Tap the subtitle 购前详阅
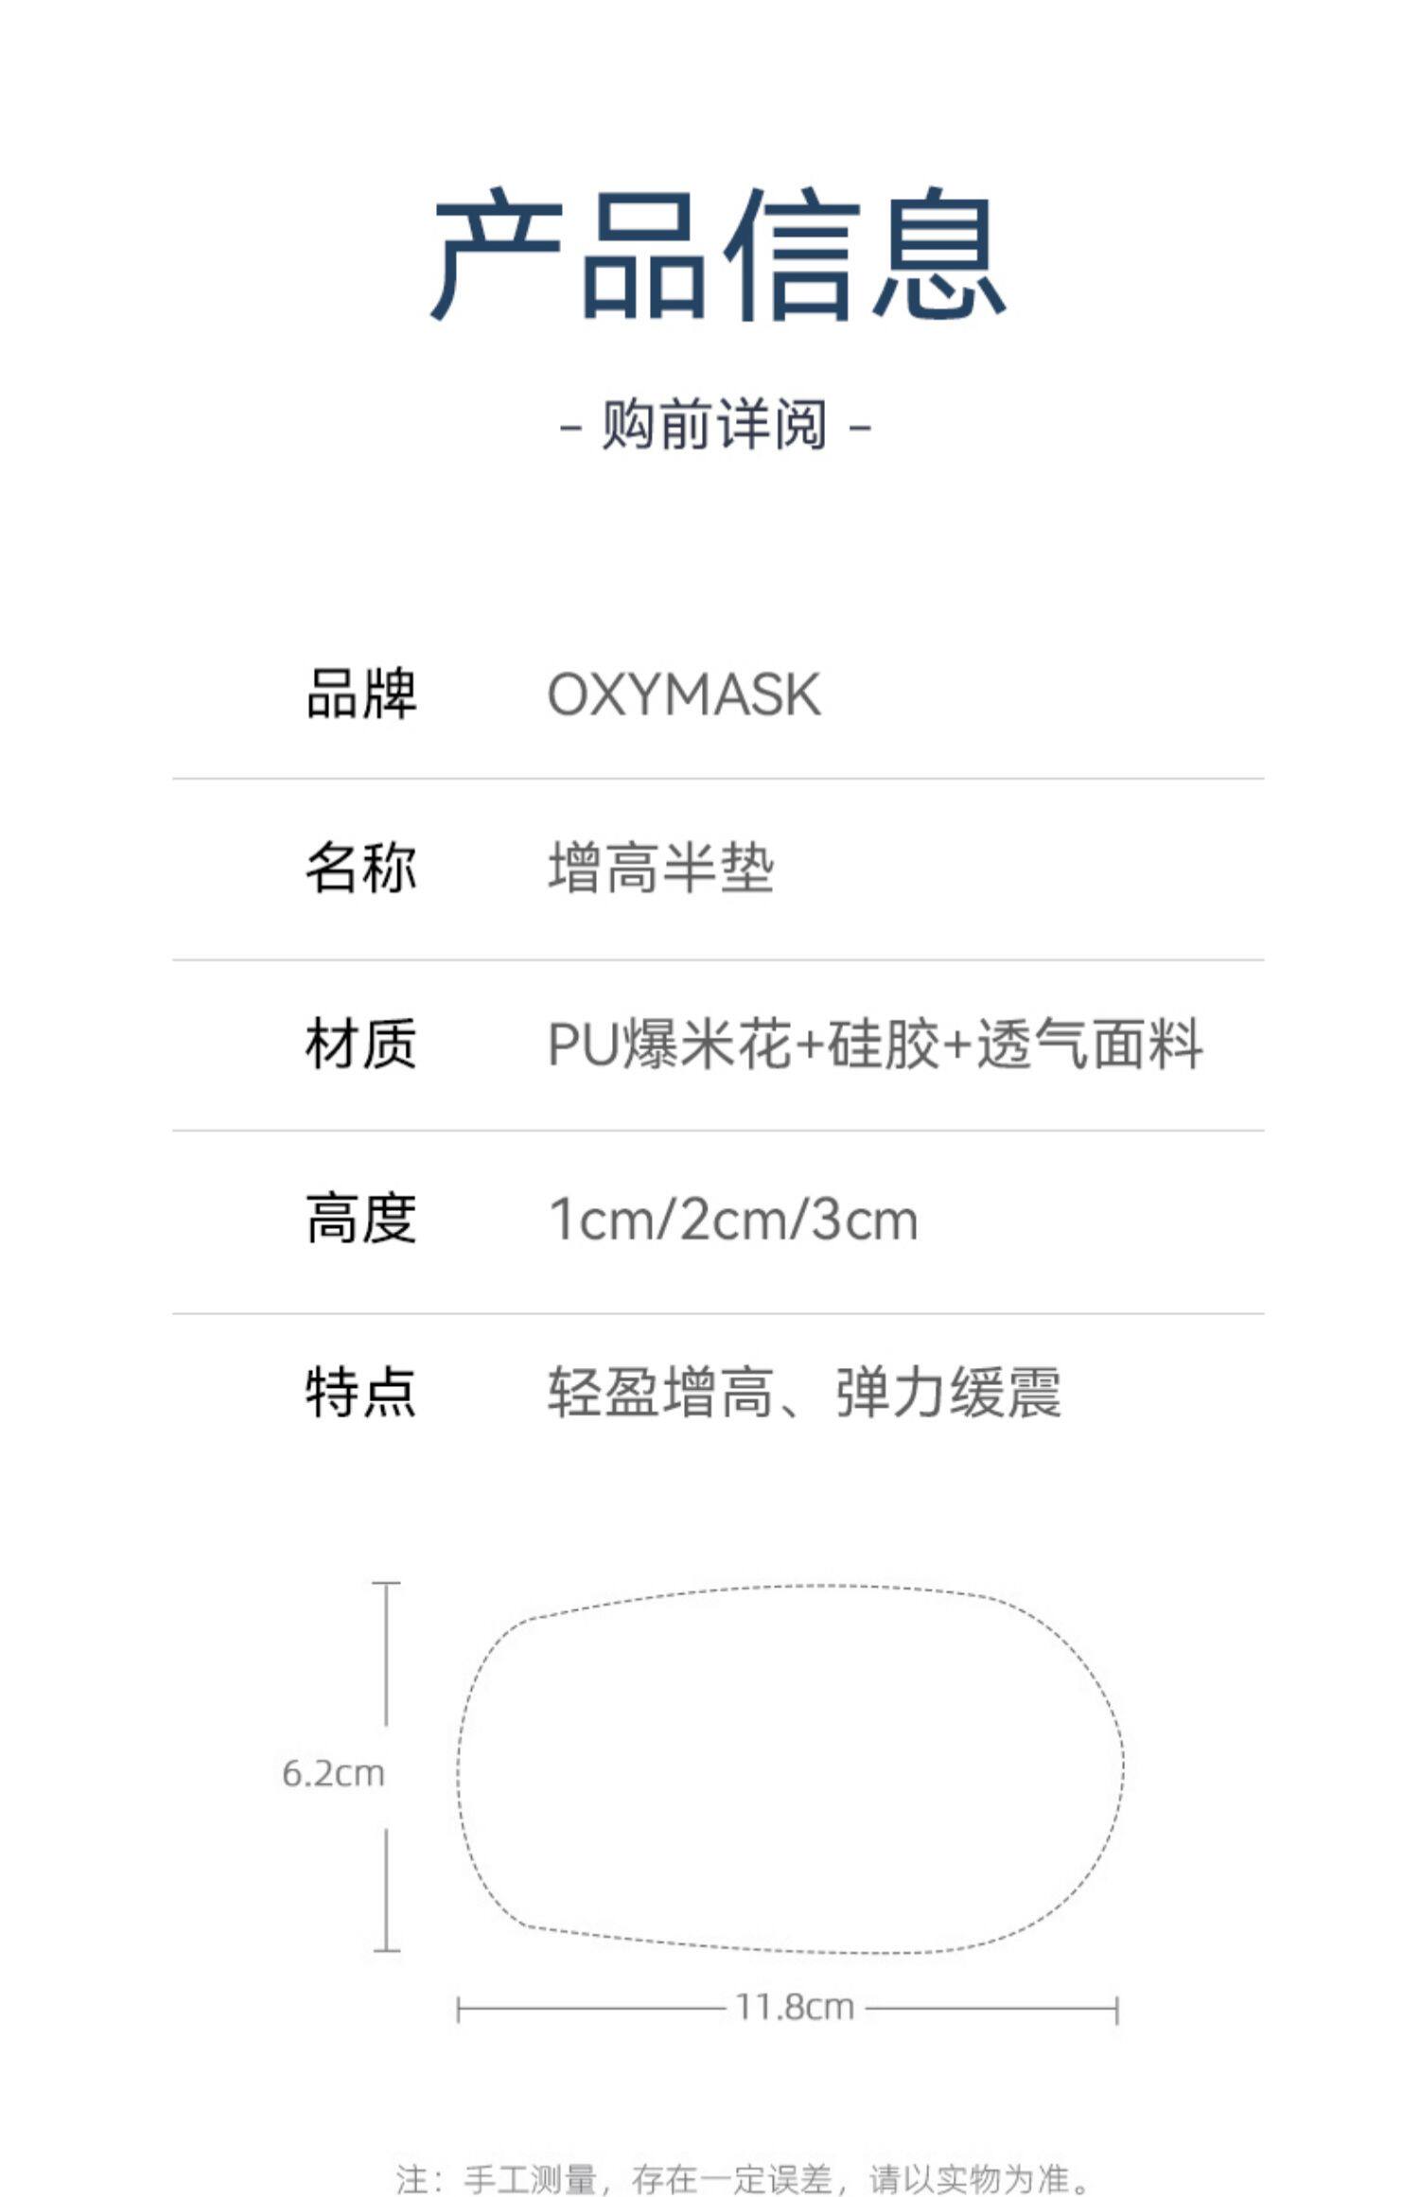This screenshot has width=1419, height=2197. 715,425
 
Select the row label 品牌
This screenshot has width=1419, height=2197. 360,694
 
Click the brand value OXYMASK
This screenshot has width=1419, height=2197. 684,694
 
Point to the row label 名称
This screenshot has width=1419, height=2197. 360,868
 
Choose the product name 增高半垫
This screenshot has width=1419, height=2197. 661,869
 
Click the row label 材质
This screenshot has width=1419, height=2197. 360,1044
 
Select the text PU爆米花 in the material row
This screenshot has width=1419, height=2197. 669,1045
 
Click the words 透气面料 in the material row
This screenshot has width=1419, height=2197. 1090,1045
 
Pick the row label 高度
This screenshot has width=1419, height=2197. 360,1219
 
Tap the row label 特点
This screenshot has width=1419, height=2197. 360,1393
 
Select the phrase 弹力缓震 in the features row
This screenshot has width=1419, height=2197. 949,1393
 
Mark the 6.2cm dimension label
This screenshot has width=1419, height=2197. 333,1773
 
